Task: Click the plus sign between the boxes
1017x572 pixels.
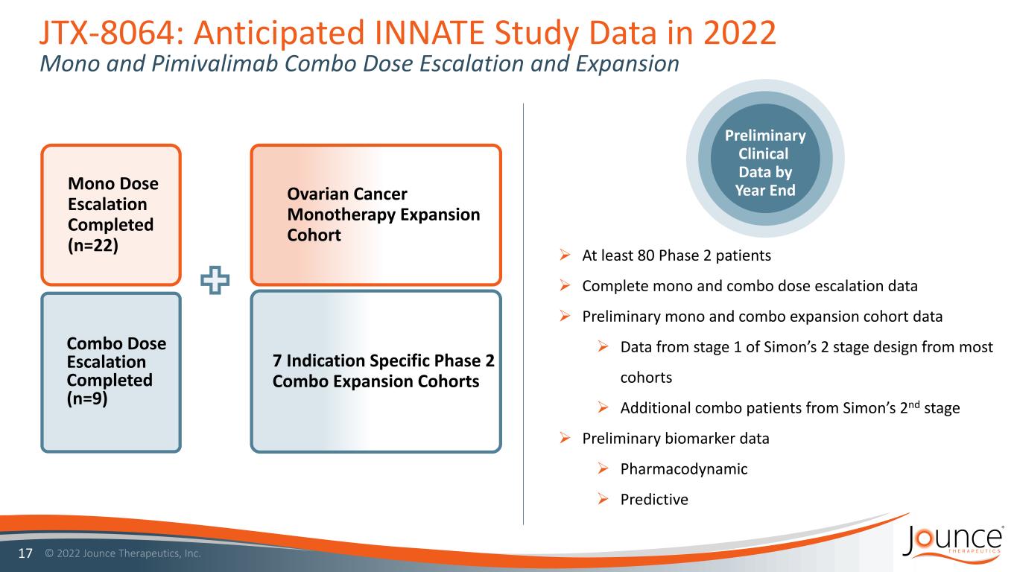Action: [215, 280]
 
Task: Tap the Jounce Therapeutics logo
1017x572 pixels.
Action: [952, 544]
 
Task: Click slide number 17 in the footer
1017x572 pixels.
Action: [25, 553]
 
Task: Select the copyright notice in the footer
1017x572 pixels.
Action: [123, 553]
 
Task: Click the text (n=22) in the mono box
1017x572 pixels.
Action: [93, 245]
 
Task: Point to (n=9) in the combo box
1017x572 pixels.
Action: [87, 398]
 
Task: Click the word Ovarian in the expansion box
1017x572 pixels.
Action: [318, 194]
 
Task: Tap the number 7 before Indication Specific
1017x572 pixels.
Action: [277, 361]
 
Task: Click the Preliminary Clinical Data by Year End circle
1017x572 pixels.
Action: [765, 158]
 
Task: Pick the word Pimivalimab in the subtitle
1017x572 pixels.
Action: [215, 63]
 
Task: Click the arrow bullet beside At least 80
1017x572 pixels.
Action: [565, 255]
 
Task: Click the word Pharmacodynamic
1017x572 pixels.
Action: [684, 469]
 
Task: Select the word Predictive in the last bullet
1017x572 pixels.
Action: [654, 499]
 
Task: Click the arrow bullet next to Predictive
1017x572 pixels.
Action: [603, 499]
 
